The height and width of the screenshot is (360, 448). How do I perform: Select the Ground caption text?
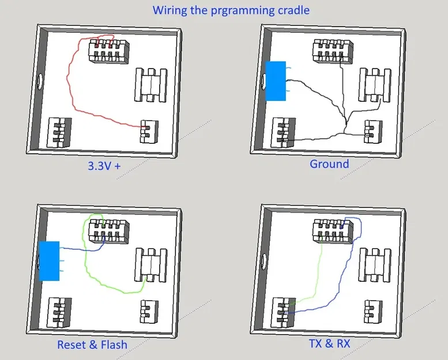[x=329, y=164]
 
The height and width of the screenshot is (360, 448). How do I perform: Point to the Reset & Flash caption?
[x=92, y=344]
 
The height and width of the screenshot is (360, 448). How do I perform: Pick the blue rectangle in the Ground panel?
[x=276, y=81]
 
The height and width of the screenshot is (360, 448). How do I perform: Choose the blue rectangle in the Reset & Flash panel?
[x=49, y=260]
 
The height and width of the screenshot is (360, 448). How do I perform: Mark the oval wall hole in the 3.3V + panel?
[x=40, y=81]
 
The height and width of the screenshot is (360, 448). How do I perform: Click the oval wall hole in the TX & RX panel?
[x=263, y=262]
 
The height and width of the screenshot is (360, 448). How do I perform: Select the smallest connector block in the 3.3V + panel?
[x=149, y=131]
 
